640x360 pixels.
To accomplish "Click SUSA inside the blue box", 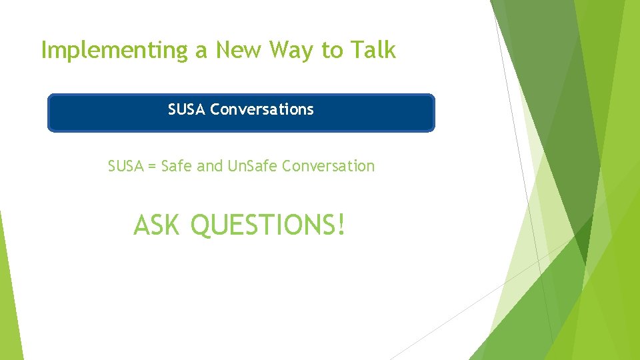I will [187, 109].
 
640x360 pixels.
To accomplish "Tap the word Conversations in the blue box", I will [262, 109].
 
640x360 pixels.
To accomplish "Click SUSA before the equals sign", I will [125, 166].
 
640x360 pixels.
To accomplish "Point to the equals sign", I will [152, 167].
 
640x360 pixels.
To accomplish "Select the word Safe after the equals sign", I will [177, 166].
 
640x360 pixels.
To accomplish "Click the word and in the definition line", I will [210, 166].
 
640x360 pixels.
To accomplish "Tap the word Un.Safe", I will [253, 166].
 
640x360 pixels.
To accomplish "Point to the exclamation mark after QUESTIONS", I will [342, 225].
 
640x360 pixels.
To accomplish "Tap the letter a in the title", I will [201, 52].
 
